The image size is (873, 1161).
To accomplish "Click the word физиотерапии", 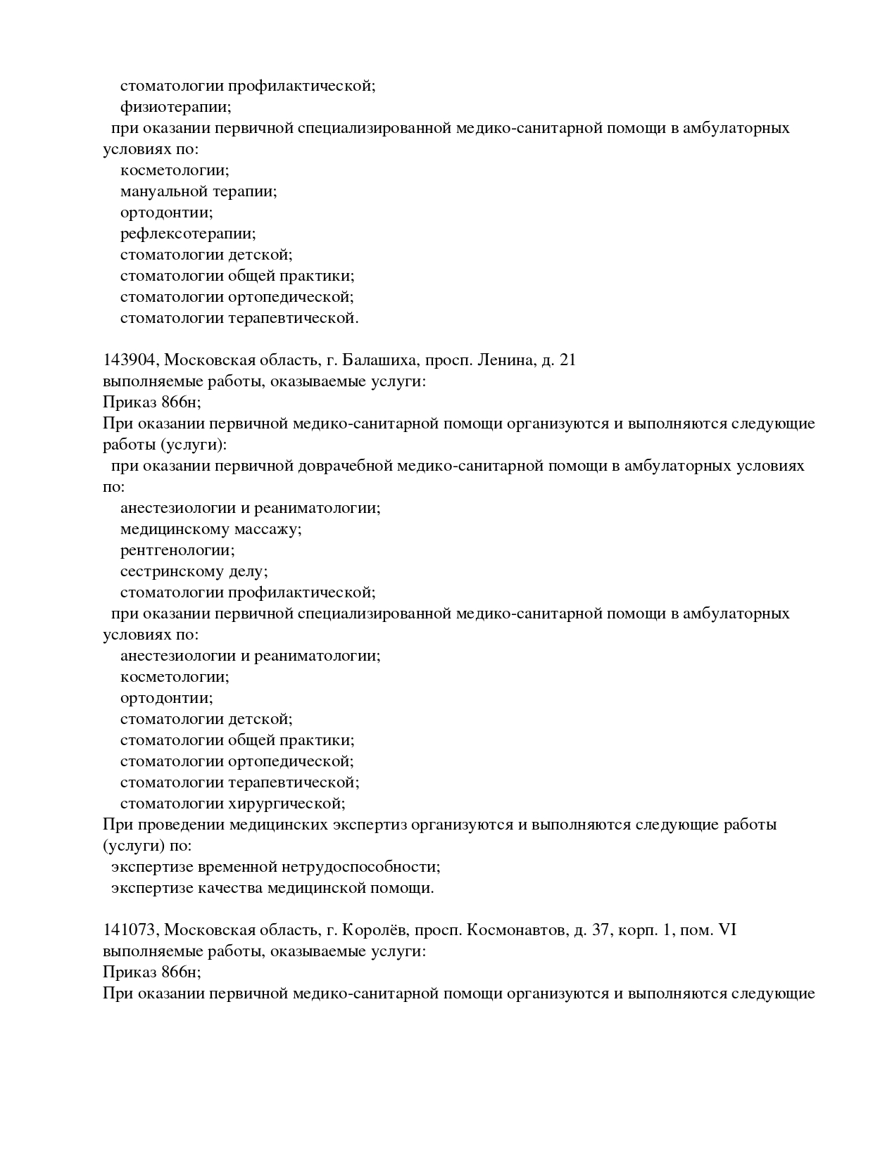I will pyautogui.click(x=175, y=108).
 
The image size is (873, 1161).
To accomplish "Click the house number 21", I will pyautogui.click(x=567, y=360).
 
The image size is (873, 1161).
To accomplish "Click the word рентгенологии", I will pyautogui.click(x=177, y=550).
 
